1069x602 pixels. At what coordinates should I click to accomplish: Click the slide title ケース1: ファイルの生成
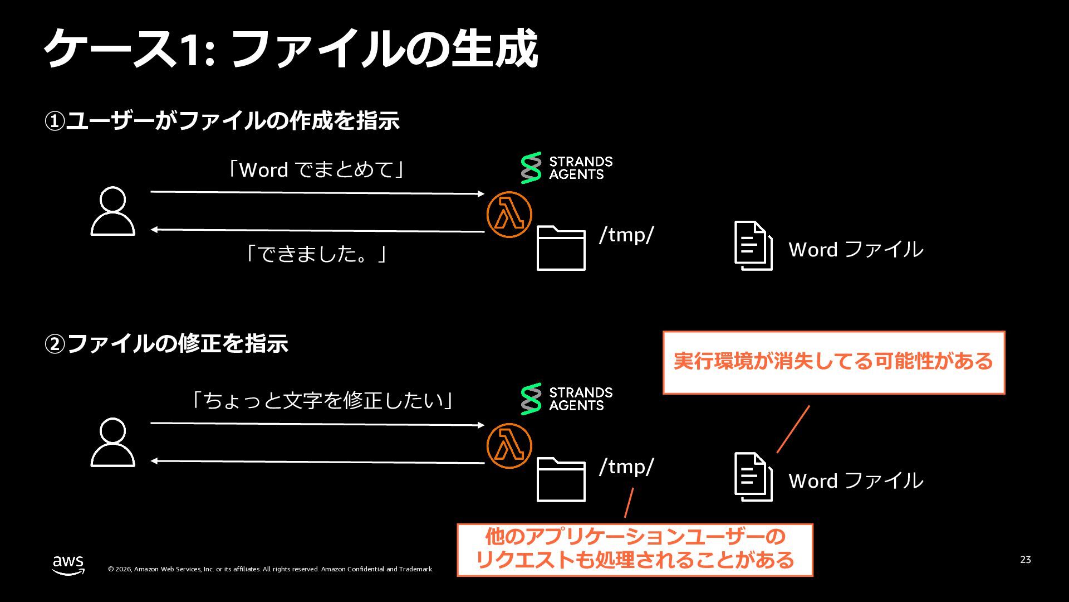291,49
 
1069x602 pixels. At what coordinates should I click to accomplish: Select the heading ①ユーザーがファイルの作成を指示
222,120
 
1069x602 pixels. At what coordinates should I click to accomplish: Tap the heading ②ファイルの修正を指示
166,343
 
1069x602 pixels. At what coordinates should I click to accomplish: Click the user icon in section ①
113,211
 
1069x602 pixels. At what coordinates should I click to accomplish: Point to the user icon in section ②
113,443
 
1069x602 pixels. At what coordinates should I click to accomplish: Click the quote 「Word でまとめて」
316,169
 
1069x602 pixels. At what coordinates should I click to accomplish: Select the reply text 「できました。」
316,254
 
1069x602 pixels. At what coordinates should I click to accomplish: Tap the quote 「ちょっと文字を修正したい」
323,400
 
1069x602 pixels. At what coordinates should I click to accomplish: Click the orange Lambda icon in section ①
509,215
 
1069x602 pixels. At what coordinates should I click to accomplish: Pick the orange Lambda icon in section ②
509,446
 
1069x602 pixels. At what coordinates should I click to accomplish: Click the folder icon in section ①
561,248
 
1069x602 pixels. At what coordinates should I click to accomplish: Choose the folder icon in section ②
561,479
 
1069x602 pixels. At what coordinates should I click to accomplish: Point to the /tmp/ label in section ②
626,467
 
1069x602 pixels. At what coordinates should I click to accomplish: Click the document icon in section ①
753,246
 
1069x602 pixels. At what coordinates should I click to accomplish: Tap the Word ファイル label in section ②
856,480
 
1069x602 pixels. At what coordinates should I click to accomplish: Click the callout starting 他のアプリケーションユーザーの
635,550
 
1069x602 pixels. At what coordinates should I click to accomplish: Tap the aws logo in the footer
68,565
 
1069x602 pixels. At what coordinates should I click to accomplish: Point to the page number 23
1026,560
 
